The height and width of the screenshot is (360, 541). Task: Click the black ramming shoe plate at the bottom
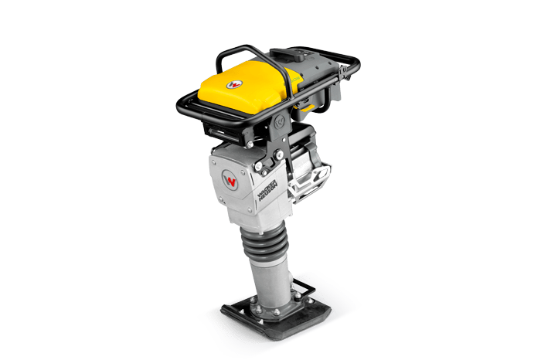(x=266, y=312)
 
